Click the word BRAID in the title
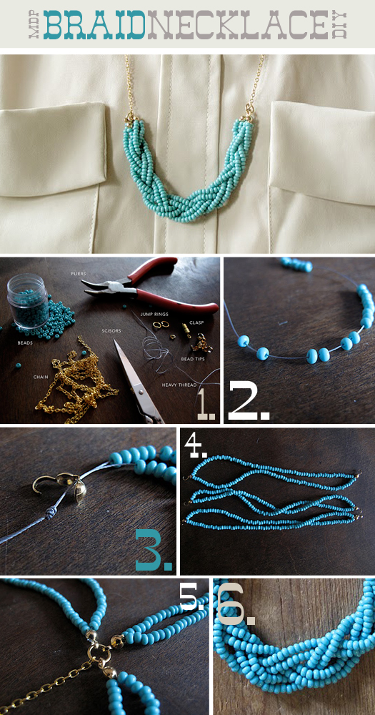(x=94, y=24)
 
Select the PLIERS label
(x=79, y=274)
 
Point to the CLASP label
(x=196, y=322)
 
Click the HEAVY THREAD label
(x=179, y=385)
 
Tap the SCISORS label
(x=111, y=328)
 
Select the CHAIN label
(x=41, y=377)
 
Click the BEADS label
(x=24, y=342)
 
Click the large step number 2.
(x=249, y=401)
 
